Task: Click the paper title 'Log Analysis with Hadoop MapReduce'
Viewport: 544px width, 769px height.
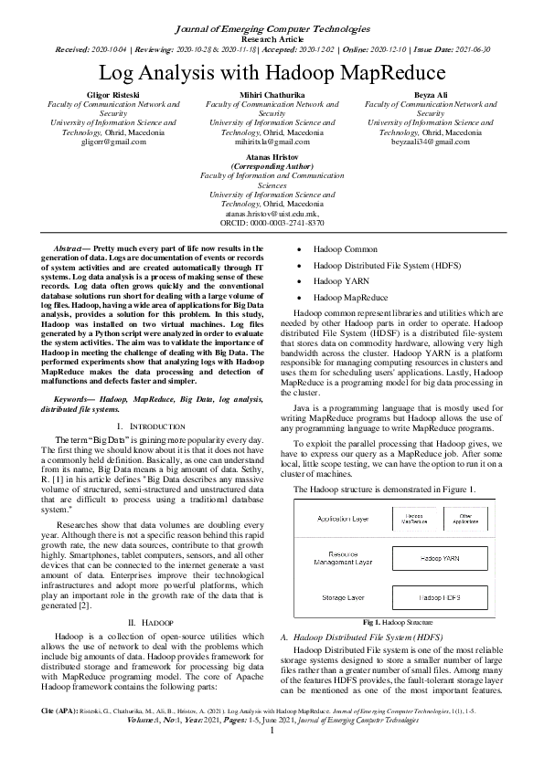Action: tap(272, 72)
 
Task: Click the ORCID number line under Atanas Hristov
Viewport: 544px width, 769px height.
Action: tap(272, 223)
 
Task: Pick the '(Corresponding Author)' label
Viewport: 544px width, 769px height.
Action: tap(272, 166)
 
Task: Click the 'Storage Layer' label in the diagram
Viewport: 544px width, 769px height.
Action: tap(342, 596)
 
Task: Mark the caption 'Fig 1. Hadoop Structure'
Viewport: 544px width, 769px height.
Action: tap(399, 621)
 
